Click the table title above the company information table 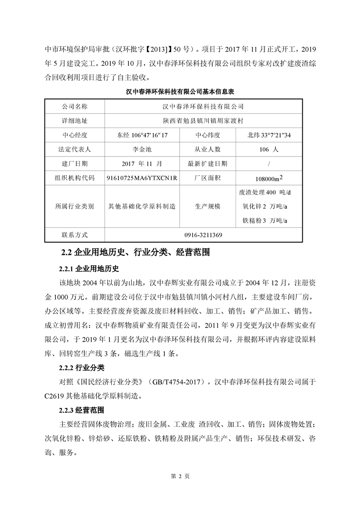coord(179,91)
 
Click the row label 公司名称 coord(74,107)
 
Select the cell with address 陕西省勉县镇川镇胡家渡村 coord(203,121)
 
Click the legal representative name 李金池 coord(142,149)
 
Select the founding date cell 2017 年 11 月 coord(142,163)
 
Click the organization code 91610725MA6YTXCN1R coord(142,178)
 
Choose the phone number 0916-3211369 coord(203,235)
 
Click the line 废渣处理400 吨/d coord(264,192)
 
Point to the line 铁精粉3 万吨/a coord(266,221)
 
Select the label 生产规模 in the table coord(207,206)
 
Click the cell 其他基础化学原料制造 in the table coord(142,206)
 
